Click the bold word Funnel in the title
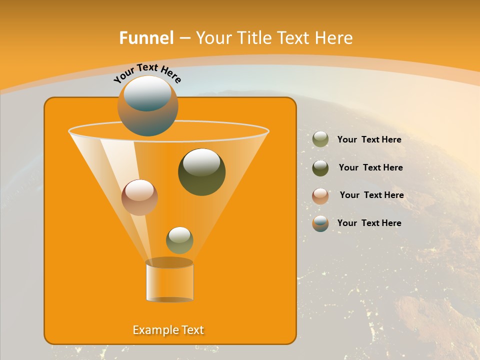click(x=146, y=38)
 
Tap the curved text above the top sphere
click(x=147, y=73)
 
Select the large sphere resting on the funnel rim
click(x=148, y=106)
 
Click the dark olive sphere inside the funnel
click(x=201, y=172)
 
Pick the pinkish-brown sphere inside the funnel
click(x=139, y=197)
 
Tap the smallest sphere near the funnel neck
click(x=179, y=240)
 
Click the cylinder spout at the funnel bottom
click(x=169, y=281)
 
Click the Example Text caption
click(x=168, y=330)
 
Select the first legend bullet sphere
click(x=320, y=139)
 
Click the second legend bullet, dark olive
click(x=320, y=168)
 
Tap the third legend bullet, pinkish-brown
click(x=320, y=196)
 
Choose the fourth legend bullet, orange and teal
click(x=320, y=223)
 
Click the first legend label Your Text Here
click(x=369, y=140)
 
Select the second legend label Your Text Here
click(x=370, y=168)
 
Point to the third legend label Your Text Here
click(x=371, y=195)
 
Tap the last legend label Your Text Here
click(x=369, y=223)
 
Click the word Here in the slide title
click(x=335, y=38)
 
